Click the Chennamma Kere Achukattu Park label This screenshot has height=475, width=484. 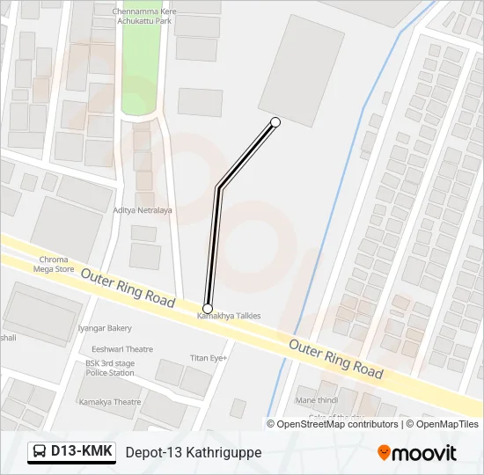145,16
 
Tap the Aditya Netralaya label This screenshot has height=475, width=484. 143,210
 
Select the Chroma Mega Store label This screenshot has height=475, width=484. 54,265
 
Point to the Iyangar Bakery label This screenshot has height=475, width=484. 106,328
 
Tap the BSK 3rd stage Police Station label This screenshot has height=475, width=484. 110,368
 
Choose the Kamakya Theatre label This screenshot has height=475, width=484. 109,402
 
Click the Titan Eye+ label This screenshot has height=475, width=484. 209,358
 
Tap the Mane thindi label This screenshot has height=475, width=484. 318,400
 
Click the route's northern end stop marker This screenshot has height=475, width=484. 275,121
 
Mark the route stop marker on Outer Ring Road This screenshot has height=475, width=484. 208,307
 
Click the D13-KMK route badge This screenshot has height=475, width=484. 72,452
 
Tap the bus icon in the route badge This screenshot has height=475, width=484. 40,452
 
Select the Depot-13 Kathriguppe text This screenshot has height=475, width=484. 194,452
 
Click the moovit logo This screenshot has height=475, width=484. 417,453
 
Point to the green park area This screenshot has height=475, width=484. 139,70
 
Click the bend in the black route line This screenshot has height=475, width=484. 218,186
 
